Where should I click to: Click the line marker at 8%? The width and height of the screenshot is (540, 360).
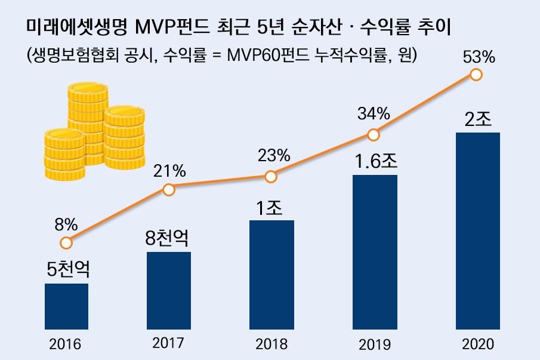point(66,243)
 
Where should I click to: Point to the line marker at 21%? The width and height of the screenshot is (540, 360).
point(169,190)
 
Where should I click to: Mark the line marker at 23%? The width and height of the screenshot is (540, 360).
point(271,177)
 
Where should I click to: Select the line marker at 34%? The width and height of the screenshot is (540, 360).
point(374,135)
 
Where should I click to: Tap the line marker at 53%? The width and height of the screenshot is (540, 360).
point(476,75)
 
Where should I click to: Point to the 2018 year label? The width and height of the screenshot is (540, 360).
point(271,344)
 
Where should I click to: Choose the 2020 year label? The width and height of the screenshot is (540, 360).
point(477,344)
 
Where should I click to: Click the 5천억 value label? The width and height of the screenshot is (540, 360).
point(67,270)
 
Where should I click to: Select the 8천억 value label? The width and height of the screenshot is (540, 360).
point(168,238)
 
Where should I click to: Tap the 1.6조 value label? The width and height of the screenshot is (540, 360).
point(375,161)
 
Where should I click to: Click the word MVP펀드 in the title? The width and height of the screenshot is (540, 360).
point(169,27)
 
